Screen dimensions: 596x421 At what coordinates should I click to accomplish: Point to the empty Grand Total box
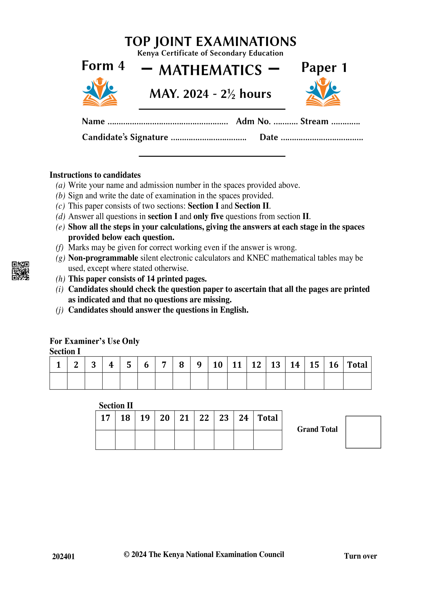[363, 432]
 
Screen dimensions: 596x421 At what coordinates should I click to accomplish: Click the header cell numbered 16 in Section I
[333, 365]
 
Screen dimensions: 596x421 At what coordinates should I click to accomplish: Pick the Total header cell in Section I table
[357, 365]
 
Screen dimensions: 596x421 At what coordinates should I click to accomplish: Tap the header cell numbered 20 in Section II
[164, 418]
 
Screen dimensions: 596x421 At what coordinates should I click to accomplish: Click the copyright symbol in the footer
[126, 554]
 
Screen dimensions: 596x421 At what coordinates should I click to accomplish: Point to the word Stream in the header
[314, 121]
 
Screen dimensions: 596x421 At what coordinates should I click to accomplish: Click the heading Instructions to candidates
[95, 175]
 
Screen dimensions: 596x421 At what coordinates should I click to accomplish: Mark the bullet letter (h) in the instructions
[60, 279]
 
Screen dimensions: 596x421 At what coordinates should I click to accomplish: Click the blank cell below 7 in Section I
[164, 381]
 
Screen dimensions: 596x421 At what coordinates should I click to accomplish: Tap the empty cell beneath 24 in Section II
[243, 440]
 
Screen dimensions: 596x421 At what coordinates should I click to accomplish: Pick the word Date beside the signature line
[269, 137]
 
